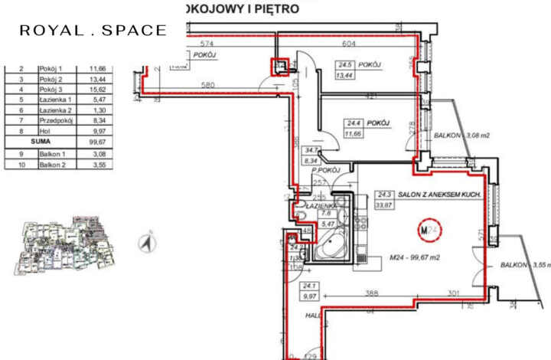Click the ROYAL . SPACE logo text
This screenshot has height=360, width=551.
click(x=93, y=31)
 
